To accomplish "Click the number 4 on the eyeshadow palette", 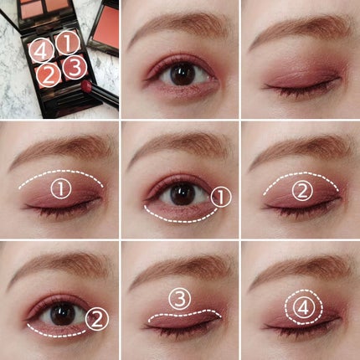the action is pyautogui.click(x=41, y=50).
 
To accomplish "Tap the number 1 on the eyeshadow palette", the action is pyautogui.click(x=68, y=43).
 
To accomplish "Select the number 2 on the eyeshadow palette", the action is pyautogui.click(x=49, y=75).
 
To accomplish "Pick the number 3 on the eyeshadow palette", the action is pyautogui.click(x=75, y=67).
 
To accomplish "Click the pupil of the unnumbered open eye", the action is pyautogui.click(x=183, y=74).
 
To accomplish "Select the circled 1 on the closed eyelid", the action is pyautogui.click(x=61, y=188).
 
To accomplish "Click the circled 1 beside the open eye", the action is pyautogui.click(x=221, y=197).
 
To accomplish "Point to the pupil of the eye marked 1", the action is pyautogui.click(x=183, y=193).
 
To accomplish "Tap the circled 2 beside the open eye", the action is pyautogui.click(x=97, y=319).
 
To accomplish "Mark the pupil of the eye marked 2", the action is pyautogui.click(x=63, y=314).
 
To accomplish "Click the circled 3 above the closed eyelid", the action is pyautogui.click(x=180, y=299).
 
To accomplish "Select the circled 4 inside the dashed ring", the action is pyautogui.click(x=304, y=308).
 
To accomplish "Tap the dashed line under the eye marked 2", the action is pyautogui.click(x=56, y=334).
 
